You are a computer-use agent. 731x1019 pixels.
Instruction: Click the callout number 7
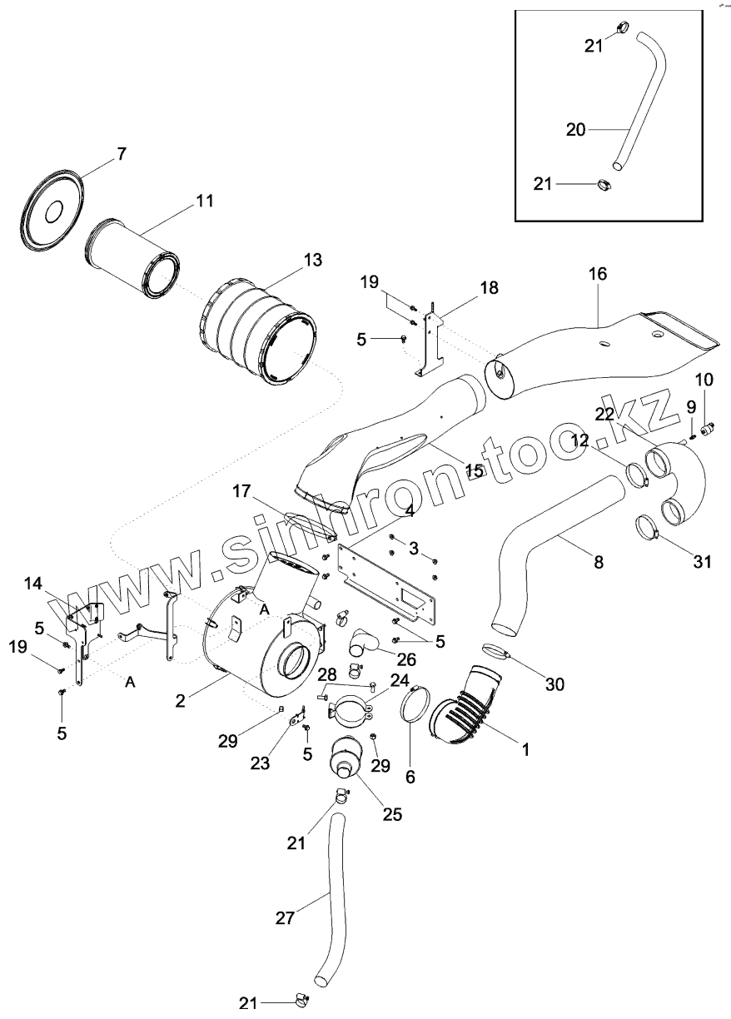[121, 153]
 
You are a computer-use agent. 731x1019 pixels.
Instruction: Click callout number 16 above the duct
[598, 274]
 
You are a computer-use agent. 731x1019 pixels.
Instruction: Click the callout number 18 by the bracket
[489, 288]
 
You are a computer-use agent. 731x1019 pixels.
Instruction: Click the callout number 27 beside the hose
[284, 919]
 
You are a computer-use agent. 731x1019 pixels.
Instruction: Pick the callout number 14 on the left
[32, 583]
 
